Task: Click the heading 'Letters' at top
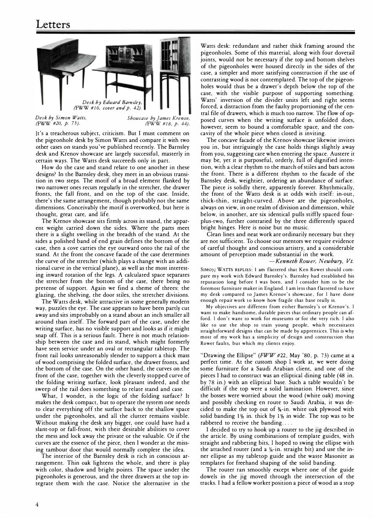pos(53,24)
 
